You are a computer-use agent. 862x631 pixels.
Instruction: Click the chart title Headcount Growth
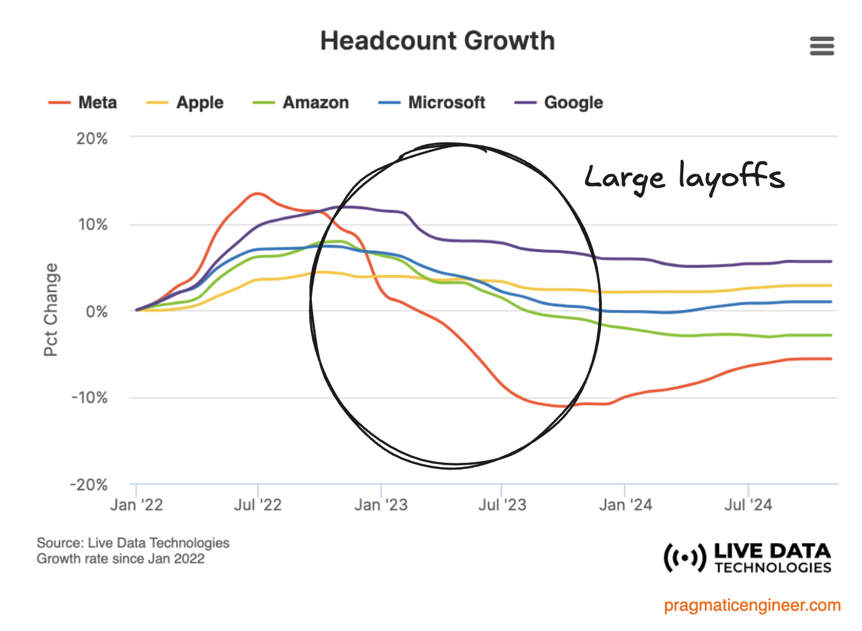(437, 41)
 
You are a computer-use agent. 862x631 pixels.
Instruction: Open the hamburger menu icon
(821, 46)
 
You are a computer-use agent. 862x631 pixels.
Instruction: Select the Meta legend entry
(83, 103)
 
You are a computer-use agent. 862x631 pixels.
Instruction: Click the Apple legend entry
(185, 103)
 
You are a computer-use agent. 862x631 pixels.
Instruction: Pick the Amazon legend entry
(301, 103)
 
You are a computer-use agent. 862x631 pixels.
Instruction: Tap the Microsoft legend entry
(432, 103)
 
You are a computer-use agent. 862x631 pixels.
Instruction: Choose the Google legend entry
(559, 103)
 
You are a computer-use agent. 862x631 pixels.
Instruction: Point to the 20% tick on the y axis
(92, 139)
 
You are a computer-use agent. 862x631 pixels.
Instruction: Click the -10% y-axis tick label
(90, 398)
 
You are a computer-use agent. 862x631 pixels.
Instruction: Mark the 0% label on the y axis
(96, 312)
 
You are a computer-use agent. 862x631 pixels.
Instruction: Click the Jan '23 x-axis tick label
(381, 505)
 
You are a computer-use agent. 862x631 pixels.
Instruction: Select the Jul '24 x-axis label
(748, 505)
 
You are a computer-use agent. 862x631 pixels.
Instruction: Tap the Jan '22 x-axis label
(136, 505)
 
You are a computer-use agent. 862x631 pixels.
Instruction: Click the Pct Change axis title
(50, 310)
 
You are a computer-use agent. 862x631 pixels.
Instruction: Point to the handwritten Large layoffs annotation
(684, 177)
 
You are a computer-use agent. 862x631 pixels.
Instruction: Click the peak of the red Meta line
(257, 193)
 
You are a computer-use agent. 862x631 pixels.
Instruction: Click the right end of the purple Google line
(831, 261)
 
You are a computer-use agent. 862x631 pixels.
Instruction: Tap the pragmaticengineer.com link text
(752, 605)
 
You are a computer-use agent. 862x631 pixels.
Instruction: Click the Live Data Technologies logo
(747, 558)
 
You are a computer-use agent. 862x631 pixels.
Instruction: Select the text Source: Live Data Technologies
(133, 543)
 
